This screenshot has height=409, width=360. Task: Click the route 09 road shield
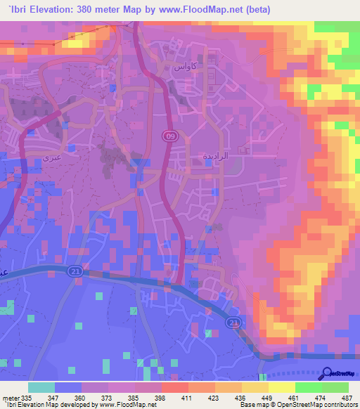point(170,136)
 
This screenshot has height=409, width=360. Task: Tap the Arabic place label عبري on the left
point(53,158)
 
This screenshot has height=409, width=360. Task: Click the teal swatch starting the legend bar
point(41,387)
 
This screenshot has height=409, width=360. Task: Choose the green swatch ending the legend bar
point(335,387)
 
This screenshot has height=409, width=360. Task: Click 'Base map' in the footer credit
point(255,405)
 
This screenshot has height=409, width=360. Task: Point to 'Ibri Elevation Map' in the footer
point(34,405)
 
